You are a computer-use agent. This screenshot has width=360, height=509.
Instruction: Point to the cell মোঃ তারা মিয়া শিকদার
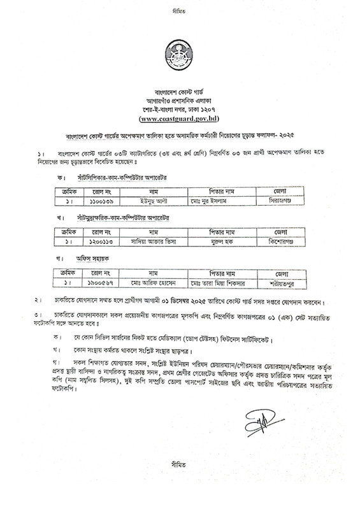coord(217,282)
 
